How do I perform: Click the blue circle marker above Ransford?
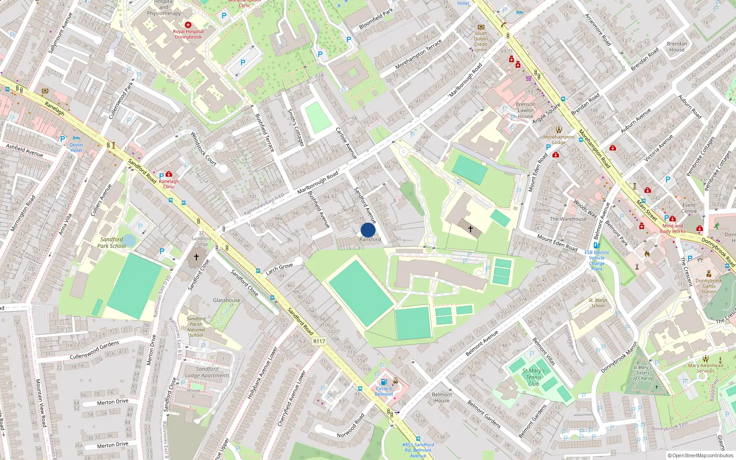[x=368, y=230]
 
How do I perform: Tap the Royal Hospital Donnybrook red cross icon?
[x=188, y=25]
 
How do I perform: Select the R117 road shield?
[x=319, y=341]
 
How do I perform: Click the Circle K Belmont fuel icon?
[x=384, y=382]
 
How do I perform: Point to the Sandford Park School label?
[x=111, y=242]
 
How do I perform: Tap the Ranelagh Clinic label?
[x=169, y=184]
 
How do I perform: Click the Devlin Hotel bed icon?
[x=76, y=138]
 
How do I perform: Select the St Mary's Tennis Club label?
[x=534, y=377]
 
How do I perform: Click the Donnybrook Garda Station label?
[x=708, y=286]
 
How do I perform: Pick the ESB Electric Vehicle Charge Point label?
[x=597, y=260]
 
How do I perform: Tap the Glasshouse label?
[x=226, y=300]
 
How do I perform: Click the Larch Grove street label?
[x=279, y=269]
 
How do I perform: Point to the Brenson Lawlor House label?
[x=525, y=110]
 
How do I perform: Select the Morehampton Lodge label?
[x=558, y=139]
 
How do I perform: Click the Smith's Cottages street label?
[x=296, y=127]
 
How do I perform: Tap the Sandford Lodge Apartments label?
[x=207, y=372]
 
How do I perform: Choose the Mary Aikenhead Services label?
[x=705, y=368]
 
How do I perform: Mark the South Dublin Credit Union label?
[x=481, y=41]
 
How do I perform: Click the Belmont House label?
[x=442, y=397]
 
